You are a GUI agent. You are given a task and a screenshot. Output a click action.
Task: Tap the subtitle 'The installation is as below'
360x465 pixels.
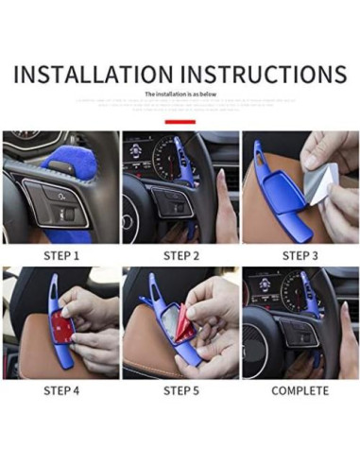tap(180, 95)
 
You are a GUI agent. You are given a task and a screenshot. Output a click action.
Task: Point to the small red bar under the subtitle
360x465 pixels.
tap(180, 122)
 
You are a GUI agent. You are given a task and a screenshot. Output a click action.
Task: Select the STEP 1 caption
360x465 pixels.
tap(60, 255)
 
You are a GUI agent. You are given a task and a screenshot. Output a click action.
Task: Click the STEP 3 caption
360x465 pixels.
tap(300, 255)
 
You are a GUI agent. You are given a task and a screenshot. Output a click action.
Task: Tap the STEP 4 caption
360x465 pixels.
tap(60, 390)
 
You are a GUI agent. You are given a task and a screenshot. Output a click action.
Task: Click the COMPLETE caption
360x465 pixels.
tap(300, 390)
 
